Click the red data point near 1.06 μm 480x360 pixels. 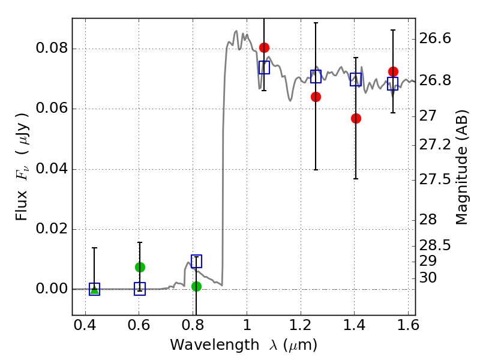tap(264, 47)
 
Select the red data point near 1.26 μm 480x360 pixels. tap(316, 97)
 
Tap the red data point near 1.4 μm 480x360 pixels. tap(356, 118)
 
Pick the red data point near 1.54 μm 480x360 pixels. tap(393, 71)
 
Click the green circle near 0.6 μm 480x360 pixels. tap(140, 267)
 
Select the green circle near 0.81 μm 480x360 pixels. tap(196, 286)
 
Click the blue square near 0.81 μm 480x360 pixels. tap(196, 261)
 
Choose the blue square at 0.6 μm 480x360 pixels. tap(140, 289)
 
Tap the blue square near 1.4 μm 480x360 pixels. tap(356, 79)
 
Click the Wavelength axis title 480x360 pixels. tap(243, 346)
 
